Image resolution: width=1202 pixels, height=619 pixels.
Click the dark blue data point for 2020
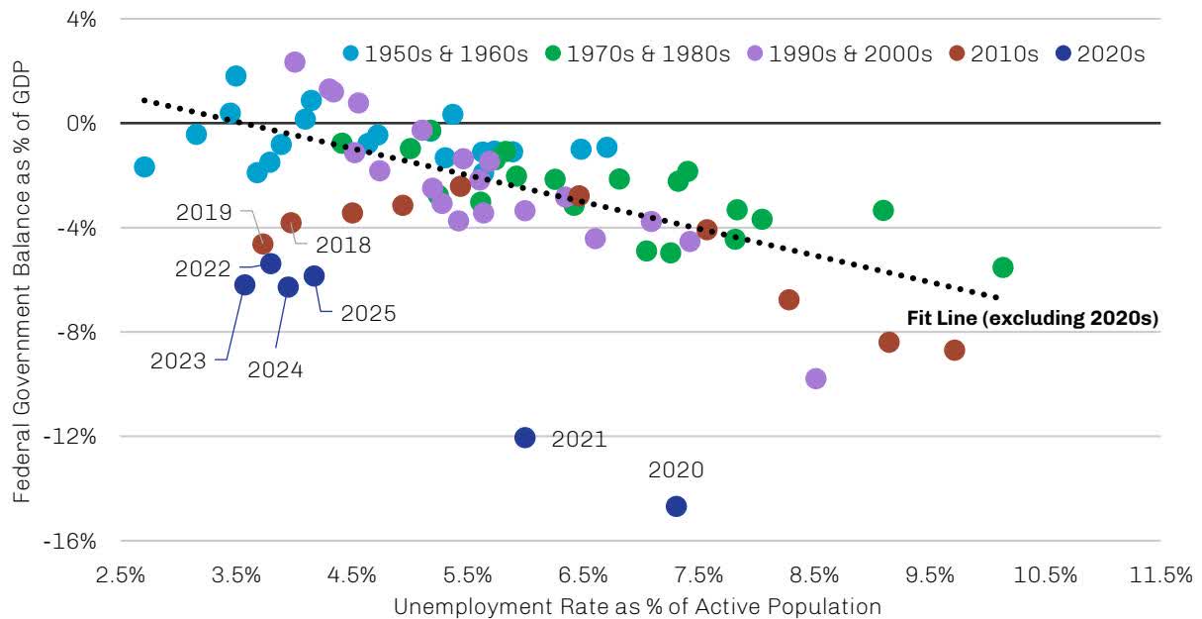click(676, 506)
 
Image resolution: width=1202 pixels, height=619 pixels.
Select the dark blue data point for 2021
click(525, 437)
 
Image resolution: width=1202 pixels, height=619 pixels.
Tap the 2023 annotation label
click(178, 361)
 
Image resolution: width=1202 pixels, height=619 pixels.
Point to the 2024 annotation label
click(275, 370)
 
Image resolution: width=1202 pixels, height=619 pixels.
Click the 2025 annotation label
click(368, 314)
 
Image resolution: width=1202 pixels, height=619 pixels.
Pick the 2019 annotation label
click(204, 212)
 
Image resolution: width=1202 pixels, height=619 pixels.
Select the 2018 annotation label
click(343, 245)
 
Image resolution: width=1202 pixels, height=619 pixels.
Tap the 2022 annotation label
click(204, 267)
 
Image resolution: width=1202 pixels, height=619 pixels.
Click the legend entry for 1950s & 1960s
click(436, 53)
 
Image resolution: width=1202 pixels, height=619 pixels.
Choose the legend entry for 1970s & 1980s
click(638, 53)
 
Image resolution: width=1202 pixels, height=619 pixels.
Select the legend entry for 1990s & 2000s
click(840, 53)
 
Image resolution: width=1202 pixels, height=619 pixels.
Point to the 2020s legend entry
click(1101, 53)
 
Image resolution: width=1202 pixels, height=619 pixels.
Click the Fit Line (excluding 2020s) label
click(1033, 319)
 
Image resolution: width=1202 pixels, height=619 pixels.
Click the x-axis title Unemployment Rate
click(637, 605)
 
